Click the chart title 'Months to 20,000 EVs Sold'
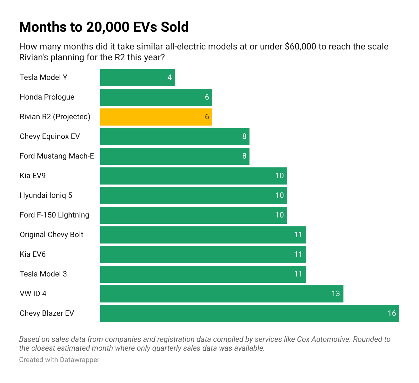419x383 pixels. click(x=104, y=27)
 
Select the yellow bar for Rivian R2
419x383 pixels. click(x=156, y=117)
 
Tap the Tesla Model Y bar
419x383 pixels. click(x=137, y=78)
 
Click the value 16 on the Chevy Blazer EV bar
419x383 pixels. click(x=392, y=313)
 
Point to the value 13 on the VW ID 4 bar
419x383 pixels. click(x=336, y=294)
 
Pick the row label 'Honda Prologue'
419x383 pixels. click(x=47, y=97)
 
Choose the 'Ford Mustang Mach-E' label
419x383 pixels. click(x=57, y=156)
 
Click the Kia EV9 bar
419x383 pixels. click(x=193, y=176)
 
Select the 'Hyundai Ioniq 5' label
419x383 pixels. click(x=46, y=195)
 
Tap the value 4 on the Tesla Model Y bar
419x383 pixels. click(x=170, y=77)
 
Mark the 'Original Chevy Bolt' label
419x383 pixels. click(x=51, y=235)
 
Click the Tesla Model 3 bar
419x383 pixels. click(x=203, y=274)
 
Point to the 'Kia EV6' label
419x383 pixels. click(x=33, y=254)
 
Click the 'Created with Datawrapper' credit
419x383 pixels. click(x=59, y=360)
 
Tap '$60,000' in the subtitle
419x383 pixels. click(x=300, y=47)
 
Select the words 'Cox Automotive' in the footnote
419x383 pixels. click(x=324, y=339)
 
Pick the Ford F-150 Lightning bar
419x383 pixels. click(x=193, y=215)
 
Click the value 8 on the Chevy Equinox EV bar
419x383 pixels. click(x=244, y=136)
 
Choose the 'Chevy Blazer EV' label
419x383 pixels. click(x=47, y=313)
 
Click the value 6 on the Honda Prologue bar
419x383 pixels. click(x=207, y=97)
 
